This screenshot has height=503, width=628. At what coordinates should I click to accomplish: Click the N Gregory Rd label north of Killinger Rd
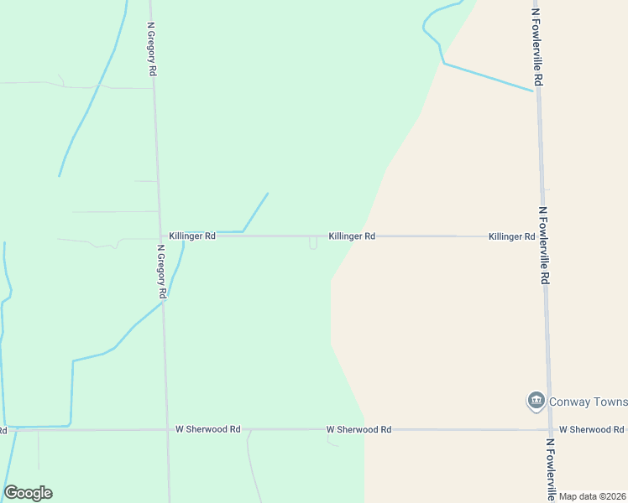click(153, 50)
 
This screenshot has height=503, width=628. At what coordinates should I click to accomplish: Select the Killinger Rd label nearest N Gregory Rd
click(191, 236)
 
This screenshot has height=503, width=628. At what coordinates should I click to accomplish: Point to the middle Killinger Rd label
click(352, 236)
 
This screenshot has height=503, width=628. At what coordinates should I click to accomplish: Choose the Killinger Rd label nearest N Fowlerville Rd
click(511, 237)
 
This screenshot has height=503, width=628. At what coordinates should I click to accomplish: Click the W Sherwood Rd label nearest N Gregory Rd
click(207, 429)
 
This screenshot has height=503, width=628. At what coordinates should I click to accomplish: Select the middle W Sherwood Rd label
click(358, 429)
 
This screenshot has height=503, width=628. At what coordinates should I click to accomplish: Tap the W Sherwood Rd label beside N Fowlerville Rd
click(591, 429)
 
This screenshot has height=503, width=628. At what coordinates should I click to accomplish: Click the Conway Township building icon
click(536, 402)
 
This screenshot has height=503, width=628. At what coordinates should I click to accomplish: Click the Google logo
click(28, 493)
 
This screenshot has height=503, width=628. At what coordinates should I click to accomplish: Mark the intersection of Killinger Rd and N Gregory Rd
click(160, 236)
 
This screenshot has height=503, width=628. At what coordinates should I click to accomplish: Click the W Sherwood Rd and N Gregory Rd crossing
click(167, 429)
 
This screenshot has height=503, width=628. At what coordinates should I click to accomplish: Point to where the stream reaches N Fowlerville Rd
click(535, 91)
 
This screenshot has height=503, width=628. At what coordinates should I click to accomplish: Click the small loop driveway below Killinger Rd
click(313, 244)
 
